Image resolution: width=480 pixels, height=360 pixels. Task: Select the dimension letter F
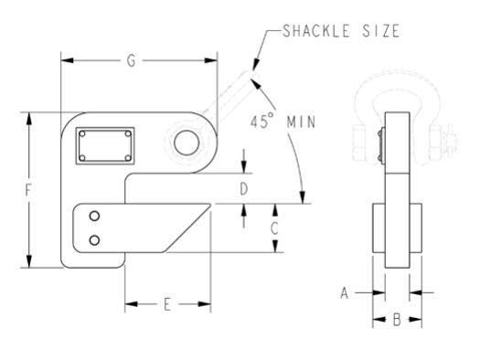[x=32, y=191]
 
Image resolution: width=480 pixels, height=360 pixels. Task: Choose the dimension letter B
[x=397, y=321]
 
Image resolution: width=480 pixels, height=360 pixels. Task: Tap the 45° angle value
[x=261, y=121]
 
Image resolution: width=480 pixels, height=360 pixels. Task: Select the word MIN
[x=303, y=121]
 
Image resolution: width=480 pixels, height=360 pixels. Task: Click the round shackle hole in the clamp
[x=183, y=143]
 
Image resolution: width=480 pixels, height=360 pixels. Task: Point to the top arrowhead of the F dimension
[x=32, y=116]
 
